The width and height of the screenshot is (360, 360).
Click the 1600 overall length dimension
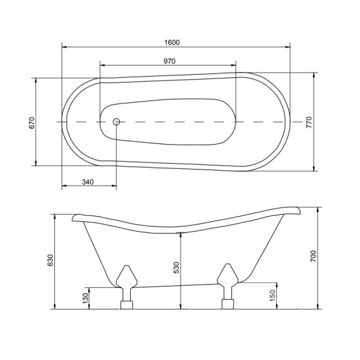pyautogui.click(x=172, y=43)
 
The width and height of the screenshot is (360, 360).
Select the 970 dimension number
pyautogui.click(x=170, y=61)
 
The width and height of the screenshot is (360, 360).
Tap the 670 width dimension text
pyautogui.click(x=31, y=123)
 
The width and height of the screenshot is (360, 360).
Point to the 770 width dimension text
pyautogui.click(x=309, y=122)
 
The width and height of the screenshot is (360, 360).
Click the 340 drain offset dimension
pyautogui.click(x=88, y=182)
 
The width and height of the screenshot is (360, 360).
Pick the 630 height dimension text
pyautogui.click(x=50, y=260)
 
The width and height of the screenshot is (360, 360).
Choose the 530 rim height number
pyautogui.click(x=176, y=268)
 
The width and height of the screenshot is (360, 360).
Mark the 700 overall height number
pyautogui.click(x=313, y=256)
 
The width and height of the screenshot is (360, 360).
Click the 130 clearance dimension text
pyautogui.click(x=85, y=298)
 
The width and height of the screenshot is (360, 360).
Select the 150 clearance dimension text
pyautogui.click(x=272, y=296)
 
